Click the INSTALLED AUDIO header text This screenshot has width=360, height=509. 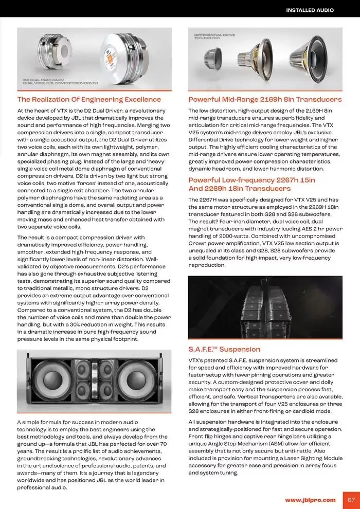310,10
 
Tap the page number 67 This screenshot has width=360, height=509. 351,499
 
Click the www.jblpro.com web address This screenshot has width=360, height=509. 310,499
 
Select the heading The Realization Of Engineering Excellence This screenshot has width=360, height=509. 89,99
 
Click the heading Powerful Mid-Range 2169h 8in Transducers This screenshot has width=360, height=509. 265,99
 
